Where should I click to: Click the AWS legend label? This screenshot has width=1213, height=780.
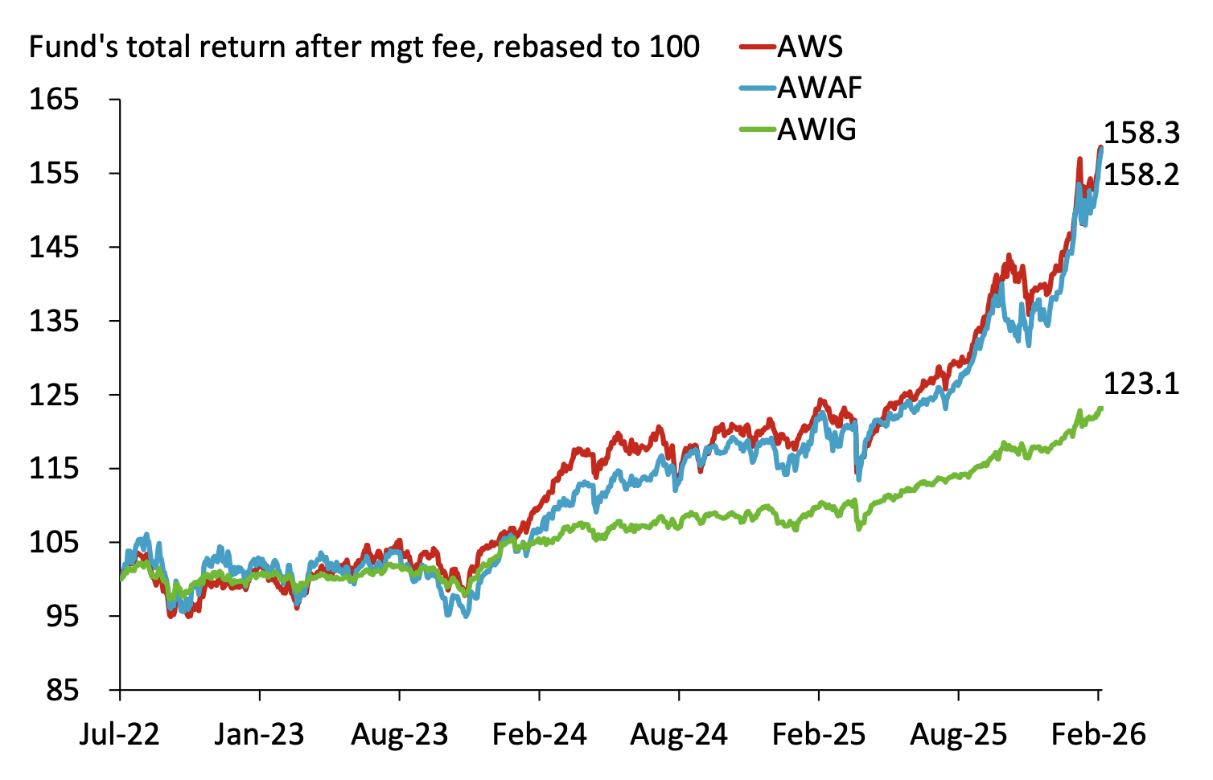point(809,47)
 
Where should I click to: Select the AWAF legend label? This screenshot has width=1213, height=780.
point(820,88)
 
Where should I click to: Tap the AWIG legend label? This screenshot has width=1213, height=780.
point(816,129)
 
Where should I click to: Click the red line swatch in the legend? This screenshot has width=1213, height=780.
point(758,47)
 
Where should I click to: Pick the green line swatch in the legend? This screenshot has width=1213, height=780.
point(758,129)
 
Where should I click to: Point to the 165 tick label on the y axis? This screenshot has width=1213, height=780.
point(54,100)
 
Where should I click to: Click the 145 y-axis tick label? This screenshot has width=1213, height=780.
point(54,248)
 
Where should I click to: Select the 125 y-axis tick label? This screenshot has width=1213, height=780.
point(54,395)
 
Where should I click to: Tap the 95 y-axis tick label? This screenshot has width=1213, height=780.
point(62,617)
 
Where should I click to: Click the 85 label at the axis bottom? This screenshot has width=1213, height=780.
point(62,691)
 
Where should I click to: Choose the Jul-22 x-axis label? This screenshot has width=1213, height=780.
point(120,734)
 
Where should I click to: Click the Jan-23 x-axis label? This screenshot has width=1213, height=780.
point(259,734)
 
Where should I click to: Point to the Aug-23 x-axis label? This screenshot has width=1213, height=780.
point(400,734)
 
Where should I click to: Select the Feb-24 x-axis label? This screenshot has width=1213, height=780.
point(540,734)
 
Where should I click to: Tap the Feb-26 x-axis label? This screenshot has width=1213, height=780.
point(1099,734)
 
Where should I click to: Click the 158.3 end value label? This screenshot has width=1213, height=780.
point(1141,133)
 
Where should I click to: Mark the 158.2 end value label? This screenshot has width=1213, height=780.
point(1141,174)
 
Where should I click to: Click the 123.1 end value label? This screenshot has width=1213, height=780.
point(1141,384)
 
